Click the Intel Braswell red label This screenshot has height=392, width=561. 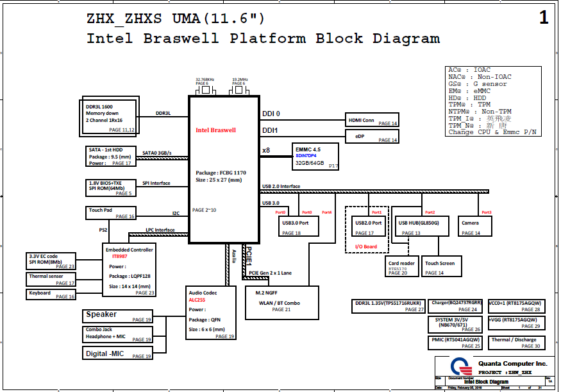[x=215, y=130]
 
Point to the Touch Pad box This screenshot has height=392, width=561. [x=111, y=213]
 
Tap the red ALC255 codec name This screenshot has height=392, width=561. [x=197, y=300]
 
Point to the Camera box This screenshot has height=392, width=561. [x=475, y=226]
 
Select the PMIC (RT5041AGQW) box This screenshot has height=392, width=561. [x=455, y=342]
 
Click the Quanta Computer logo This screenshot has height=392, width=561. [x=455, y=367]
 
